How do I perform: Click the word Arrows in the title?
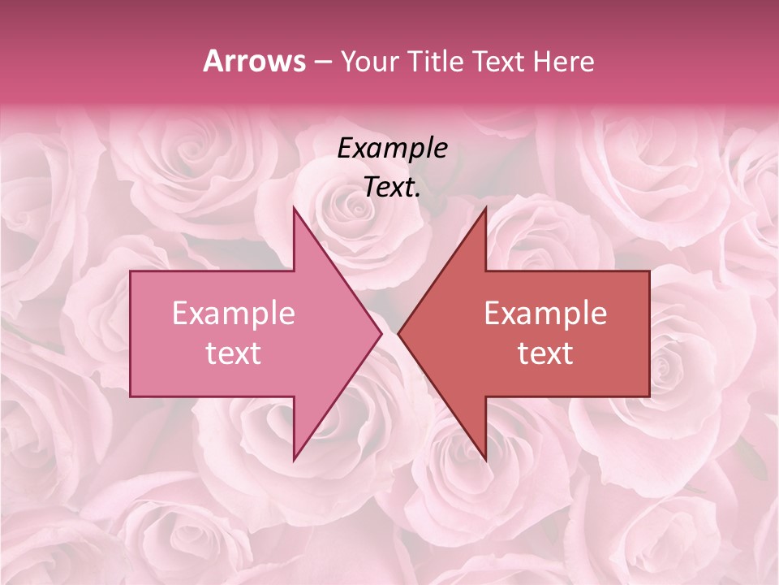pos(254,61)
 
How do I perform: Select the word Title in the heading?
pos(439,62)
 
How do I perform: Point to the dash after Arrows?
pos(322,63)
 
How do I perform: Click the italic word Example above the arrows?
pos(392,148)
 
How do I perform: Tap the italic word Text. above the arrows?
pos(392,187)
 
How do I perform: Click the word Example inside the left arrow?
pos(233,314)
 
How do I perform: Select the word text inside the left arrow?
pos(233,353)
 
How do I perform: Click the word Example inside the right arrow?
pos(545,314)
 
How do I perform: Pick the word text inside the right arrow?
pos(545,353)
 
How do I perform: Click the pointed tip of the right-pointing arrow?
pos(381,333)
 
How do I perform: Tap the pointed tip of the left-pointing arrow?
pos(399,333)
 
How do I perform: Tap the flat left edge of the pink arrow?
pos(131,333)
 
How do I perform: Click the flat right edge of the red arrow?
pos(649,333)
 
